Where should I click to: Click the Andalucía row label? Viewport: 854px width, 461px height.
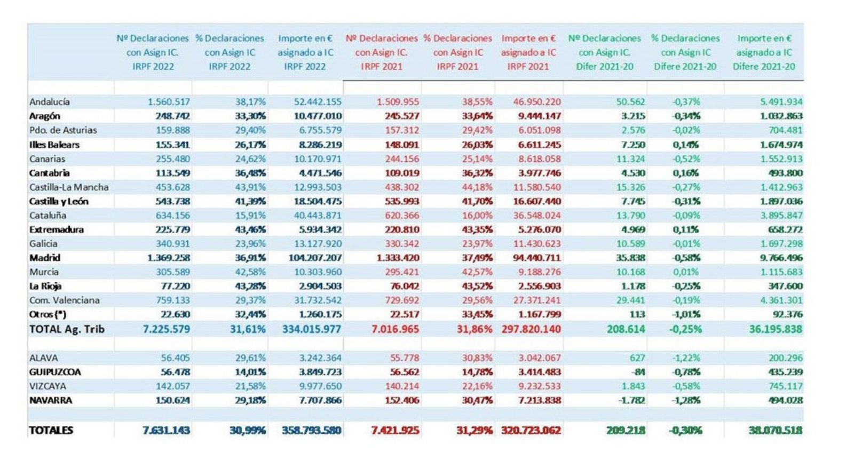pyautogui.click(x=50, y=102)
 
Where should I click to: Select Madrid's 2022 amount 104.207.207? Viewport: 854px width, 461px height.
pyautogui.click(x=310, y=258)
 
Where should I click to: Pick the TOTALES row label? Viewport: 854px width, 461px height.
pyautogui.click(x=51, y=430)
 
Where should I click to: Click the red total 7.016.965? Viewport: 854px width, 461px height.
pyautogui.click(x=395, y=329)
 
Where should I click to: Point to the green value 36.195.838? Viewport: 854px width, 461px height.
pyautogui.click(x=775, y=329)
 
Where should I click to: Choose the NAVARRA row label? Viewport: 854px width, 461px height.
pyautogui.click(x=51, y=400)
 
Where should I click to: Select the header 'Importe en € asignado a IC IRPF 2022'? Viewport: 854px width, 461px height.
pyautogui.click(x=305, y=52)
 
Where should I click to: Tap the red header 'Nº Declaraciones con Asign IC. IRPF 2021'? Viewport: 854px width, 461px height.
pyautogui.click(x=382, y=52)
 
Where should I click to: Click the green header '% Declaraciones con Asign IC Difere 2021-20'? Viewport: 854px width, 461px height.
pyautogui.click(x=685, y=52)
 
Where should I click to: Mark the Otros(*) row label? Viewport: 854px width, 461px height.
pyautogui.click(x=48, y=314)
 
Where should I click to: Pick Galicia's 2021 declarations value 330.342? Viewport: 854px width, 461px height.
pyautogui.click(x=400, y=244)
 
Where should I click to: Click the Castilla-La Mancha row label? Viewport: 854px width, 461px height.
pyautogui.click(x=69, y=187)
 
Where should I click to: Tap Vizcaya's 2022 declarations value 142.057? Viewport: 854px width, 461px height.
pyautogui.click(x=172, y=386)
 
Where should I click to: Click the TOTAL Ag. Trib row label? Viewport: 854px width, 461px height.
pyautogui.click(x=67, y=329)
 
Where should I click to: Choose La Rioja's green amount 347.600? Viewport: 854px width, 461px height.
pyautogui.click(x=784, y=286)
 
